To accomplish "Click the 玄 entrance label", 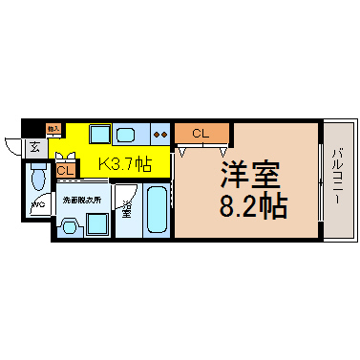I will [x=33, y=147].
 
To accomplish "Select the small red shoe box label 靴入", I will [x=53, y=127].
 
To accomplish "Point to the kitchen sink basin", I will [x=125, y=134].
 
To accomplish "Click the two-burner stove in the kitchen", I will [x=159, y=134].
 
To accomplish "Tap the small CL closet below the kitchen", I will [x=65, y=170].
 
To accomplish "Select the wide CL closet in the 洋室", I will [x=201, y=133].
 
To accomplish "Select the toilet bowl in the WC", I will [x=39, y=179].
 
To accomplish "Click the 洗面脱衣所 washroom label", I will [x=80, y=202].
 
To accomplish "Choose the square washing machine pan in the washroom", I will [x=96, y=224].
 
